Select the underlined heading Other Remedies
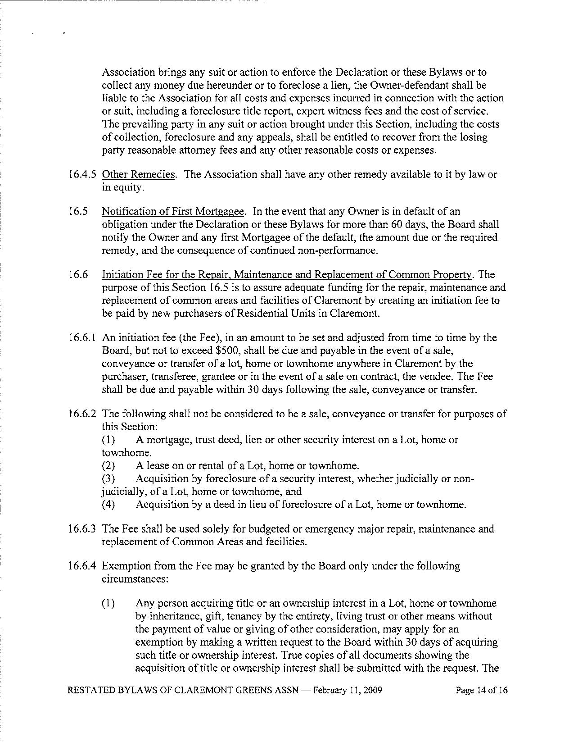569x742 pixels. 138,175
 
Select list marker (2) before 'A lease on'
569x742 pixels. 108,466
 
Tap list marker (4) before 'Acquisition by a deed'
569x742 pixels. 108,505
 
